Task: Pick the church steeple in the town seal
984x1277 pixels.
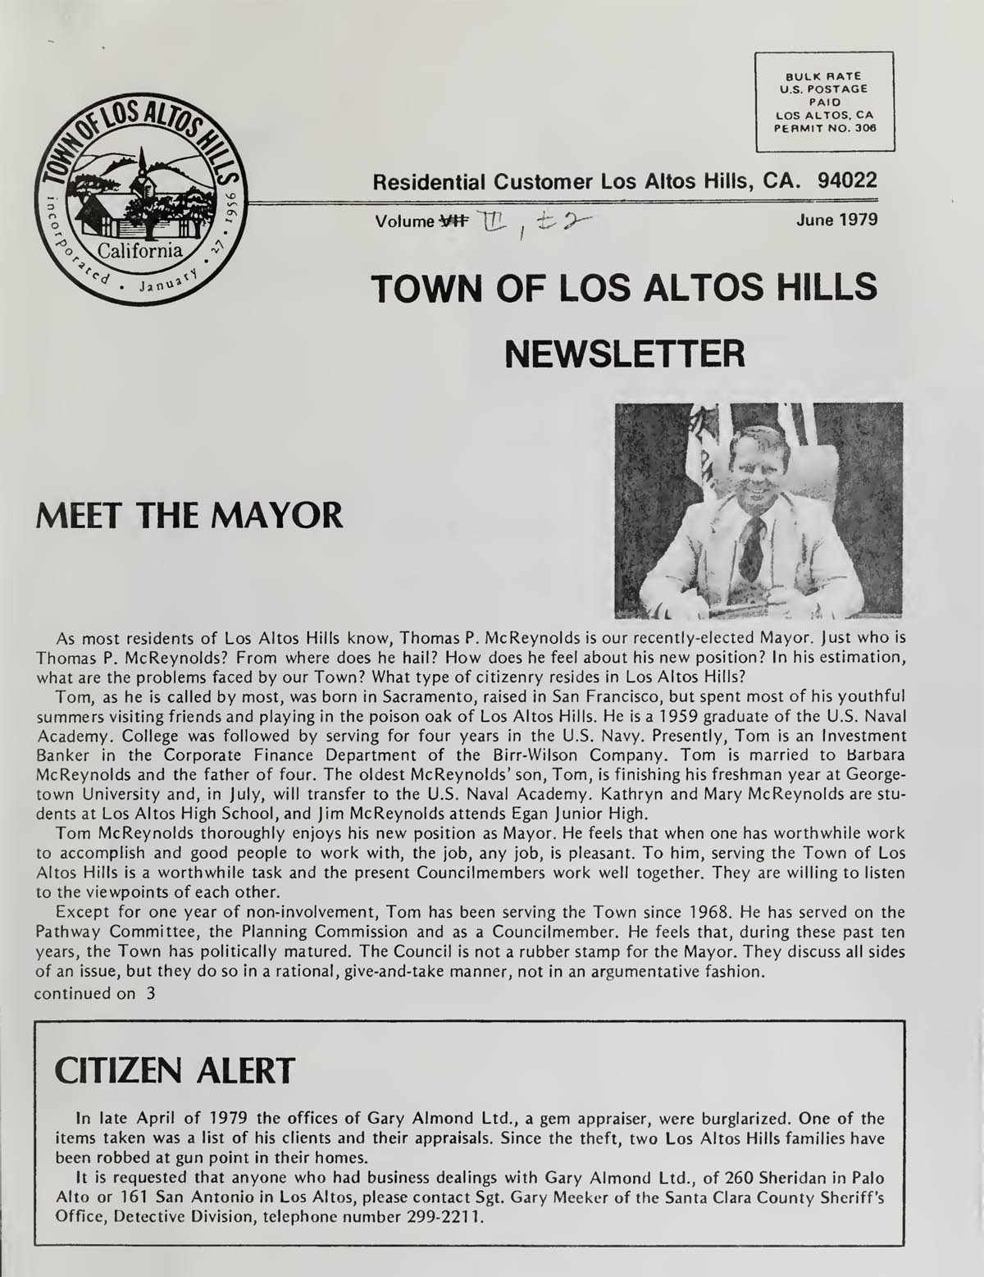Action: [x=143, y=164]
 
